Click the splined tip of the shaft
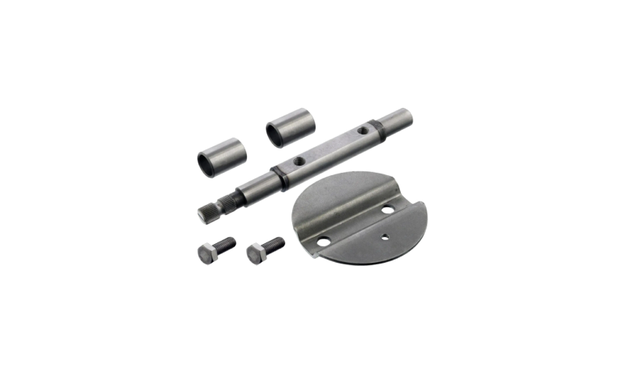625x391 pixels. [x=207, y=211]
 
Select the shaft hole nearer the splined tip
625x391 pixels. [x=298, y=161]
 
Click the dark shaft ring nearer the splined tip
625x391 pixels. [x=275, y=170]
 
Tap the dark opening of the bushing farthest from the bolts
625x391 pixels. [x=277, y=131]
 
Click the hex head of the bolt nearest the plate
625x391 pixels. [x=255, y=253]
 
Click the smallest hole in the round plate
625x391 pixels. [x=384, y=235]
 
